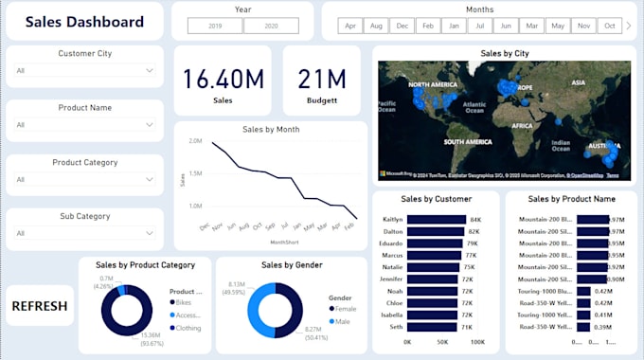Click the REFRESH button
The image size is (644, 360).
point(40,306)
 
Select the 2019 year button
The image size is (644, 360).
point(215,27)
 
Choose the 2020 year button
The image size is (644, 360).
point(271,27)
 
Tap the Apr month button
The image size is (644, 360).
point(351,27)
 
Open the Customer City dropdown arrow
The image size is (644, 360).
point(150,70)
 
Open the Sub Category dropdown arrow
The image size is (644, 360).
point(150,232)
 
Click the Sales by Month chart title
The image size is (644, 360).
point(270,129)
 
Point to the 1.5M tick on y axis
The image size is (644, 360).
point(195,173)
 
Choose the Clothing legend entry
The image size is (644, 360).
point(188,328)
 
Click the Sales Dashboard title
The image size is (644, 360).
point(84,22)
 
